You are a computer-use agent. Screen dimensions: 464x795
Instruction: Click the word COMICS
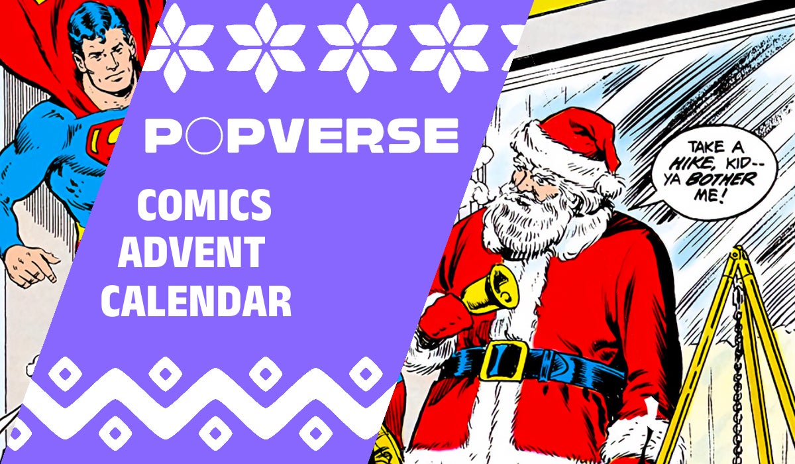(x=204, y=205)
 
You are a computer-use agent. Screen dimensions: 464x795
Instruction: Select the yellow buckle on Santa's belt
(x=503, y=360)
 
